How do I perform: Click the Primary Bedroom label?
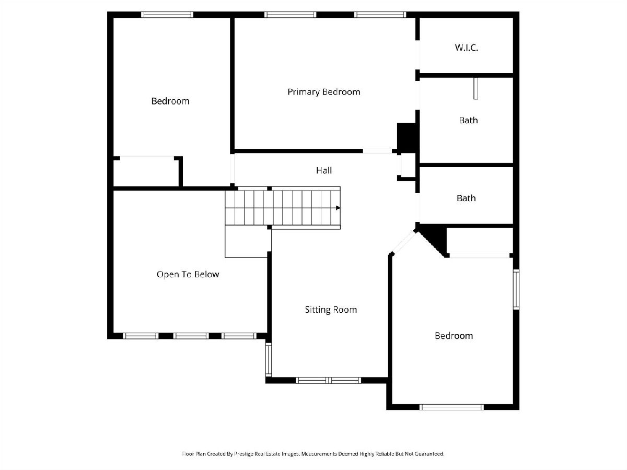pyautogui.click(x=323, y=92)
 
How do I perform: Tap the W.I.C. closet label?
pyautogui.click(x=466, y=48)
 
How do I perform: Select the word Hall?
pyautogui.click(x=323, y=170)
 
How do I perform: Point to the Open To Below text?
pyautogui.click(x=188, y=275)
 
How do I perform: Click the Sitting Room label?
pyautogui.click(x=331, y=310)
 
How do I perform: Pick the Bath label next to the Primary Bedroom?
pyautogui.click(x=468, y=121)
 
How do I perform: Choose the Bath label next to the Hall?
pyautogui.click(x=466, y=198)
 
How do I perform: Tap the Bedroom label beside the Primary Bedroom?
pyautogui.click(x=170, y=101)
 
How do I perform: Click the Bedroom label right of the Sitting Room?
pyautogui.click(x=454, y=336)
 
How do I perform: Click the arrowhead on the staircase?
pyautogui.click(x=338, y=208)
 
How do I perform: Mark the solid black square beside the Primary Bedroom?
pyautogui.click(x=406, y=138)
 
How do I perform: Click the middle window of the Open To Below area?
pyautogui.click(x=191, y=336)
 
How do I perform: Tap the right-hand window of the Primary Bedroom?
pyautogui.click(x=380, y=15)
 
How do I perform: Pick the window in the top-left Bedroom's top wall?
pyautogui.click(x=167, y=15)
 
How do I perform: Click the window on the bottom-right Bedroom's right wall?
pyautogui.click(x=516, y=289)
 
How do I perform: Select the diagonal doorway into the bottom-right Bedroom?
pyautogui.click(x=404, y=243)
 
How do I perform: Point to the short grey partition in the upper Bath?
pyautogui.click(x=475, y=88)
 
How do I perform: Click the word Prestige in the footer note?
pyautogui.click(x=244, y=454)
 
